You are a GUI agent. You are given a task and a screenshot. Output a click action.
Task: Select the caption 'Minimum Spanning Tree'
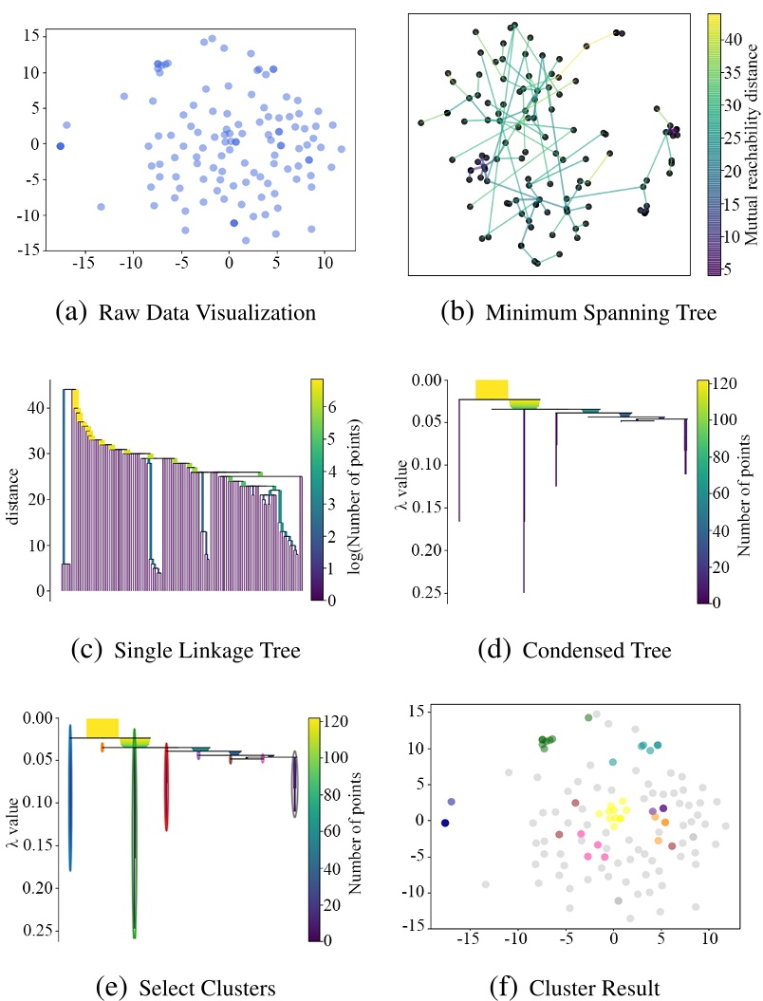click(x=591, y=311)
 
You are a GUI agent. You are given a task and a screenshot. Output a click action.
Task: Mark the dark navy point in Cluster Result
click(x=444, y=823)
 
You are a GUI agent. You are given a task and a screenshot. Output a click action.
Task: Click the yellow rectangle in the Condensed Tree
click(x=492, y=389)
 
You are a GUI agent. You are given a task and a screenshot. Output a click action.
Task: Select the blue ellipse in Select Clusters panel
click(x=70, y=798)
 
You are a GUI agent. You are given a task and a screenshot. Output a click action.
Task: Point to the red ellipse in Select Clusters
click(x=167, y=788)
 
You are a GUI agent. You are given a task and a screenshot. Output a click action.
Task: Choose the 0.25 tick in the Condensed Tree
click(x=429, y=592)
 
